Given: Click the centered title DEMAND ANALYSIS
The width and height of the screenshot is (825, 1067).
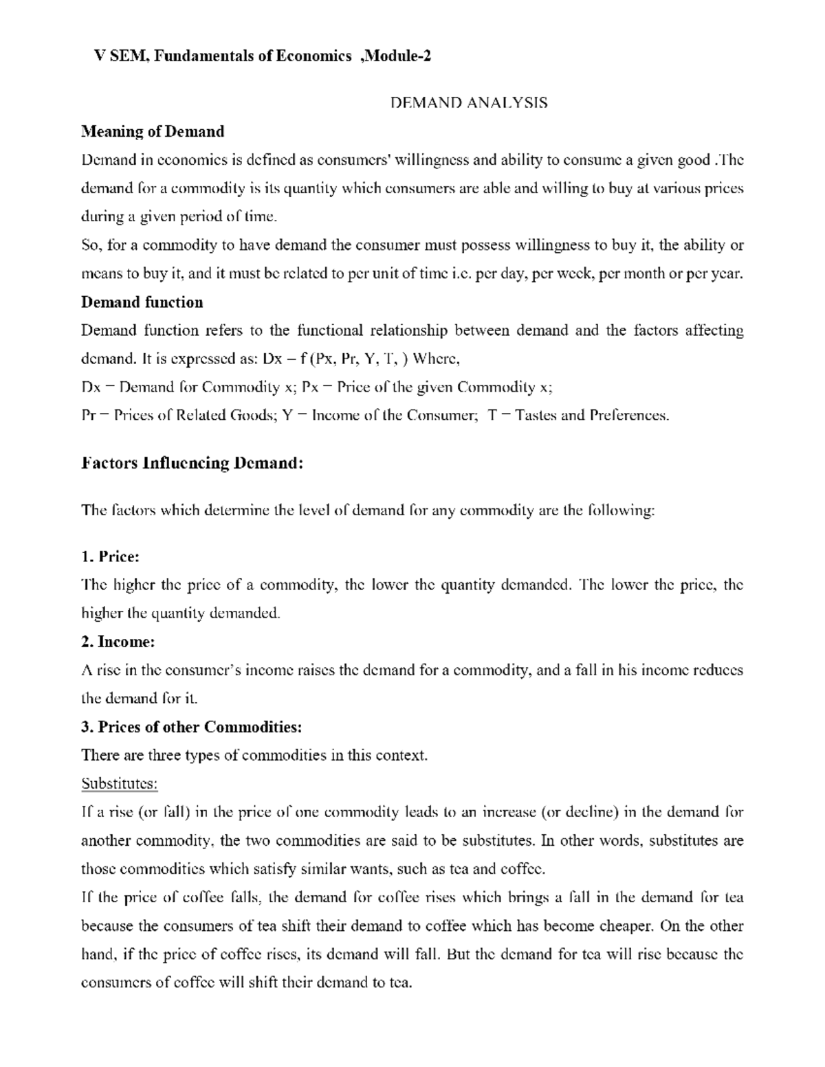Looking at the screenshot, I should click(468, 103).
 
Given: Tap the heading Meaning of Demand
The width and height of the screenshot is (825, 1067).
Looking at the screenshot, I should click(153, 131).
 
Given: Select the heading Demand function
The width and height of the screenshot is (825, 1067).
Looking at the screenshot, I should click(142, 302).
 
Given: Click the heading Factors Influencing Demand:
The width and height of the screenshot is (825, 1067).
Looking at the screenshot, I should click(192, 463).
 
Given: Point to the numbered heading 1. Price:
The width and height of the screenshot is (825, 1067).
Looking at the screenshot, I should click(110, 556).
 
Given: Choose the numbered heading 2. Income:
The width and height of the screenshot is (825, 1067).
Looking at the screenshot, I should click(118, 642).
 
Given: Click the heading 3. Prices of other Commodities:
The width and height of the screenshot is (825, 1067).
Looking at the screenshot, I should click(191, 727).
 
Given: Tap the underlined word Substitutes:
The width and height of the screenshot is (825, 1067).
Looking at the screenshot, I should click(120, 784).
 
